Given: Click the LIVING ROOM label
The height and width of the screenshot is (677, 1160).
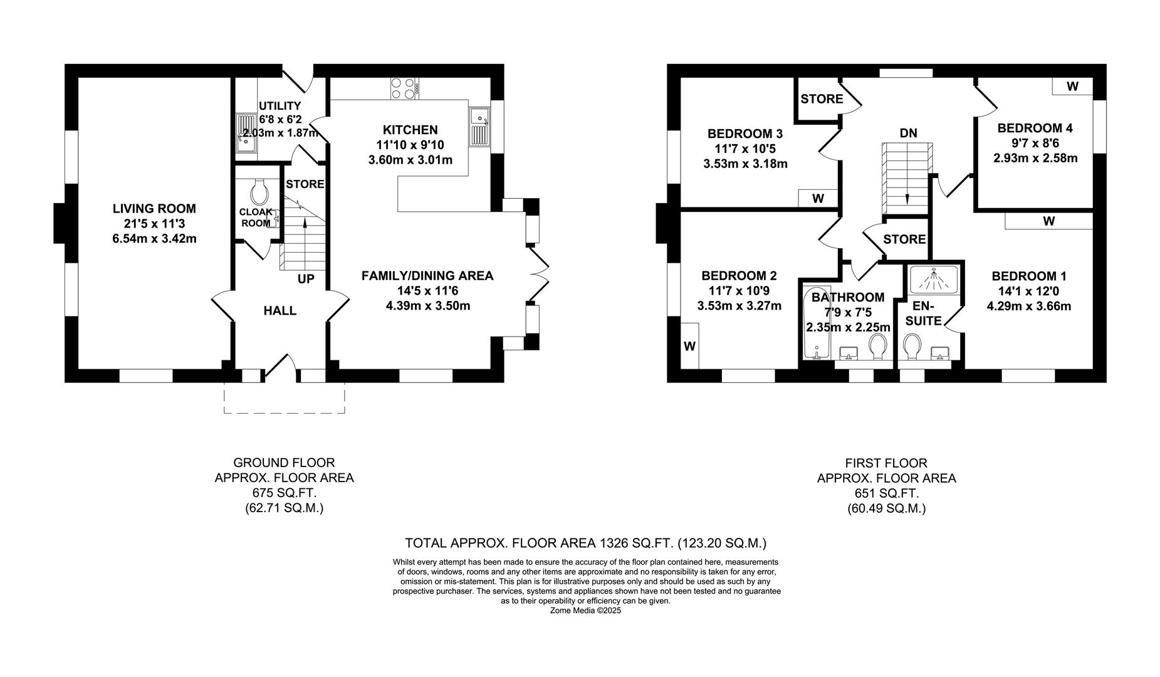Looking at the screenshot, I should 154,209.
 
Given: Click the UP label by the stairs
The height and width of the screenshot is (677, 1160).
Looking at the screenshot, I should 306,279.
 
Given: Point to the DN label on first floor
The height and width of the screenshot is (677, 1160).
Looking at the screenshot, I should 908,133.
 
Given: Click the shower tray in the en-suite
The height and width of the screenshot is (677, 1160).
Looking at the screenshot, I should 933,279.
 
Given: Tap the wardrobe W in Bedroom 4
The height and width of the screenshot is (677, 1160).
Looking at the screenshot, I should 1072,87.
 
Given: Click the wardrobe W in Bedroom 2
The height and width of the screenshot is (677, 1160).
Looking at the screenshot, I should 689,346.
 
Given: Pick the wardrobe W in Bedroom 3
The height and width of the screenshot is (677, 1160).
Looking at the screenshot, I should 818,199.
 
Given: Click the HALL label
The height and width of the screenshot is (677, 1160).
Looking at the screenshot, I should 280,311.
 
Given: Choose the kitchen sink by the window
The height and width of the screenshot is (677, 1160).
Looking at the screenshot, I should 479,126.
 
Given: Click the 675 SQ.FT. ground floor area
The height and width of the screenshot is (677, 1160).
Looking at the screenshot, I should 284,493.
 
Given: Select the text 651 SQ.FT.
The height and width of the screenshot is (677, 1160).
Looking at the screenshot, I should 886,493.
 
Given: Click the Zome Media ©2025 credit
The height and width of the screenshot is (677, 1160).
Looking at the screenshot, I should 585,610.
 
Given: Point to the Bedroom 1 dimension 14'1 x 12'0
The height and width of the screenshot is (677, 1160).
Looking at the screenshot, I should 1028,291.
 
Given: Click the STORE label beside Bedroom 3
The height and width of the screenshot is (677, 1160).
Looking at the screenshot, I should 822,99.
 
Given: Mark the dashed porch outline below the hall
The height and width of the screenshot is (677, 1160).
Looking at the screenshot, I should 284,412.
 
